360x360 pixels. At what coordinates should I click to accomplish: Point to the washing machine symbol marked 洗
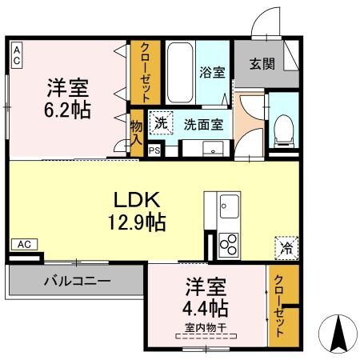tap(162, 124)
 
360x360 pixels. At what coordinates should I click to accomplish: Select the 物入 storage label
tap(137, 132)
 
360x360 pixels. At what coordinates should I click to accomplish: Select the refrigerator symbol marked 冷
tap(286, 247)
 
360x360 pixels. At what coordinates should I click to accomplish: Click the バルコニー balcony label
tap(77, 282)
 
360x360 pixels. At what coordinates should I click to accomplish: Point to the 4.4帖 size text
tap(207, 307)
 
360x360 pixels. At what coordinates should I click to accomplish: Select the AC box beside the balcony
tap(24, 243)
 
